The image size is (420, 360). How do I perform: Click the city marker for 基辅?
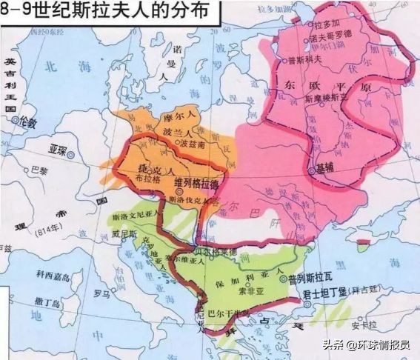311,170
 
